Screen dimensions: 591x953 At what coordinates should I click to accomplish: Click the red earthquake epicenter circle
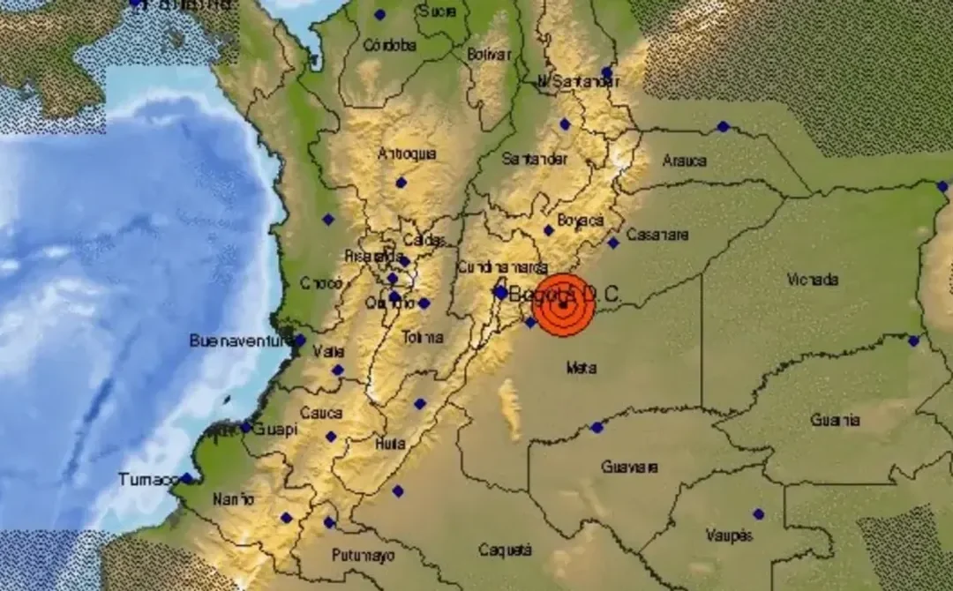[562, 305]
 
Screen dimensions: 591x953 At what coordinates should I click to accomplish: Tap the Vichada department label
[812, 280]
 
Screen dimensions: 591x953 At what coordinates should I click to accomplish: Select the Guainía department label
[835, 420]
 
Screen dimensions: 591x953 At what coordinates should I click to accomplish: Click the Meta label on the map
[581, 368]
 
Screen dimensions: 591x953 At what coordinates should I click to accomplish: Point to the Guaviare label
[629, 467]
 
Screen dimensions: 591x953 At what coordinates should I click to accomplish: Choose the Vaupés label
[728, 535]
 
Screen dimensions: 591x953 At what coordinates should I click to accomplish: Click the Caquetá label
[505, 550]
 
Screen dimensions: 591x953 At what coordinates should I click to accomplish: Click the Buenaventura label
[240, 340]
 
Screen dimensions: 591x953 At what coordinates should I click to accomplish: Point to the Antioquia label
[407, 153]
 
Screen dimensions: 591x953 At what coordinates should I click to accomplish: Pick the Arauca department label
[684, 161]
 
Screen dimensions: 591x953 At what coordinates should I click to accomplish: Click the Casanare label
[657, 236]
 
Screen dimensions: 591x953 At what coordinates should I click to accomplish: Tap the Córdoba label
[389, 45]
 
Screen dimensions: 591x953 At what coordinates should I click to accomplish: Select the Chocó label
[320, 283]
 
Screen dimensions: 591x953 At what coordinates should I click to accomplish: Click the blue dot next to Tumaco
[186, 478]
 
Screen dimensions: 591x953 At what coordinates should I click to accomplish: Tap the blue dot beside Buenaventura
[299, 340]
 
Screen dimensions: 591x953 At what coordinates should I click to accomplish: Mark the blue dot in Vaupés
[758, 513]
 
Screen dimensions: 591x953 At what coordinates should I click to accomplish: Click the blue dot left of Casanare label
[612, 243]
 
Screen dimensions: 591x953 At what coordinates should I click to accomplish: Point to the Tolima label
[422, 337]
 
